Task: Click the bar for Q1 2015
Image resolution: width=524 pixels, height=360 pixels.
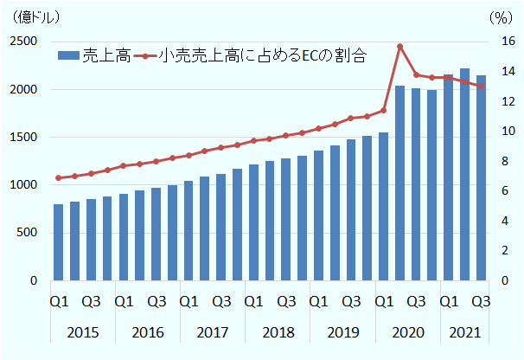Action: (58, 242)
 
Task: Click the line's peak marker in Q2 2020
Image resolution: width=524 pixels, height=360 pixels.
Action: (399, 46)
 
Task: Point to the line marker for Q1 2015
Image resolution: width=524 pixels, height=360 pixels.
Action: (58, 178)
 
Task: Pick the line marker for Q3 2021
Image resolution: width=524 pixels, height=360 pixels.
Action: (481, 86)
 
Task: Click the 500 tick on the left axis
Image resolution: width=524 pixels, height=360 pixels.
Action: (25, 233)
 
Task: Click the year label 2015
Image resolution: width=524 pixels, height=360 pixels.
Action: (82, 332)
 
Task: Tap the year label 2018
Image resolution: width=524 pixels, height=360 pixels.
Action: (277, 332)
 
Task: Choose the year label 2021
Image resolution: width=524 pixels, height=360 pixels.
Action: (464, 332)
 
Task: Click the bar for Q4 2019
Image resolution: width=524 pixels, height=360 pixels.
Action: (367, 208)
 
